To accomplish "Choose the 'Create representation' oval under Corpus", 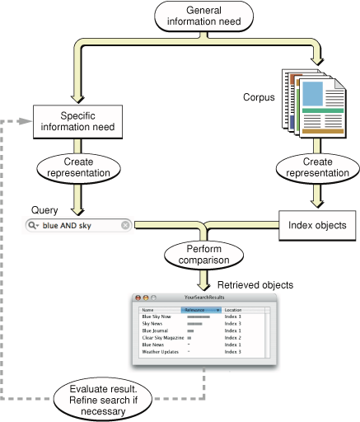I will point(313,167).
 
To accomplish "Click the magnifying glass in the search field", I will point(33,226).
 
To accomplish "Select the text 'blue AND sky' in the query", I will point(68,226).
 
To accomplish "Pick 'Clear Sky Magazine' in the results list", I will point(162,337).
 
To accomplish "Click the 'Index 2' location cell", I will point(234,337).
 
